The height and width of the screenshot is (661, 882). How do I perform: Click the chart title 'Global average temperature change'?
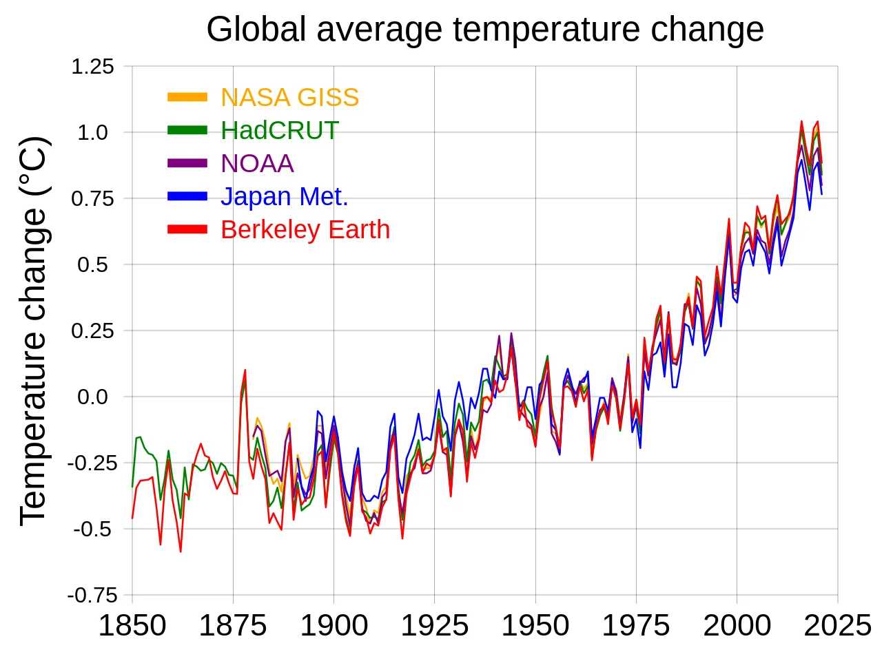click(x=485, y=30)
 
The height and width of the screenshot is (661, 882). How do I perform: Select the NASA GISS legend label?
click(x=289, y=98)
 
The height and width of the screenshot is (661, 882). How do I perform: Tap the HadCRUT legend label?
click(x=279, y=130)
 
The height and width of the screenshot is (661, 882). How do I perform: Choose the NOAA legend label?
click(x=257, y=163)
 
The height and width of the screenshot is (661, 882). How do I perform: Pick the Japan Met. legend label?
click(x=284, y=196)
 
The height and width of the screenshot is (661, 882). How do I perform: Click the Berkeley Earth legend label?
click(x=305, y=229)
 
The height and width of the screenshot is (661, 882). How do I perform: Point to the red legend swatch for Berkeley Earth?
click(x=187, y=229)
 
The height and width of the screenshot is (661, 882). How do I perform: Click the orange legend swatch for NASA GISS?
click(x=187, y=98)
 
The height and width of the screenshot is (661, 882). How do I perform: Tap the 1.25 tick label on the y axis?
click(x=92, y=67)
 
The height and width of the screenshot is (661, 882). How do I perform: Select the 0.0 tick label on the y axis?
click(x=92, y=397)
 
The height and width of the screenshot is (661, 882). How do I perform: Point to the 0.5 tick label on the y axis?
click(x=92, y=264)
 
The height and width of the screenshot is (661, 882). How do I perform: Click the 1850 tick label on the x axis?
click(x=132, y=626)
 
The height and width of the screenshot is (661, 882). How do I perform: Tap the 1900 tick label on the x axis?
click(x=334, y=626)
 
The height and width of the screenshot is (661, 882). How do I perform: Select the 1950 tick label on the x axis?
click(x=535, y=626)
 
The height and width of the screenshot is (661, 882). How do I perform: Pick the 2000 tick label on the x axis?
click(x=737, y=626)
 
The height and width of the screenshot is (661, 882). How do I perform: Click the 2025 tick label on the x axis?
click(x=837, y=626)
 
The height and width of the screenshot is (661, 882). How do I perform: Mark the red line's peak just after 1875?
click(x=245, y=370)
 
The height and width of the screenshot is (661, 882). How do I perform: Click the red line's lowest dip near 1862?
click(x=181, y=552)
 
